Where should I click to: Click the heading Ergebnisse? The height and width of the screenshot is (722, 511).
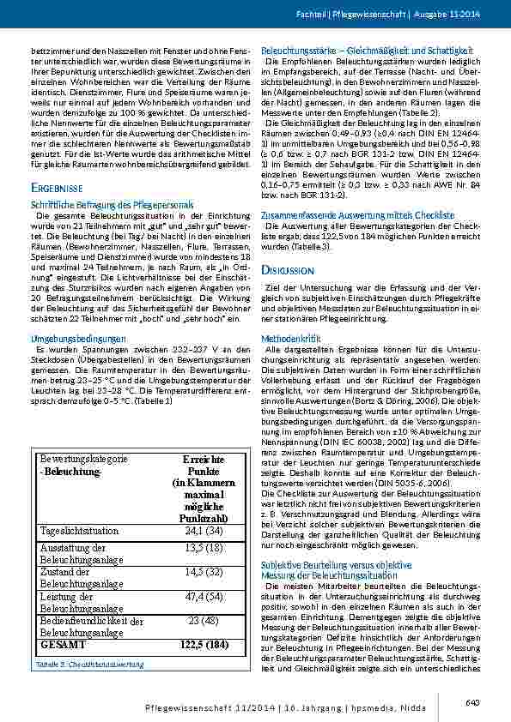[57, 187]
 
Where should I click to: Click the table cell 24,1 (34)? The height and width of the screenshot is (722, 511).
[204, 532]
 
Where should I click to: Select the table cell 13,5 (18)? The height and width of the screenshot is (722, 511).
[204, 548]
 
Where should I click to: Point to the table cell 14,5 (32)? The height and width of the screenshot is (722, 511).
[204, 572]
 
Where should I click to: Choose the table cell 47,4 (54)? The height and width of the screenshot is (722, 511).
[204, 597]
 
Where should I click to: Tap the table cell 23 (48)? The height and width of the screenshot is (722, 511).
[204, 621]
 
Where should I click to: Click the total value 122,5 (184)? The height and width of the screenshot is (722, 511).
[204, 644]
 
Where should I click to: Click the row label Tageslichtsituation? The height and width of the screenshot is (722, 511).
[79, 532]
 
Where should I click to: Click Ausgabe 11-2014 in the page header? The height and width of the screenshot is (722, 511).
[450, 15]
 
